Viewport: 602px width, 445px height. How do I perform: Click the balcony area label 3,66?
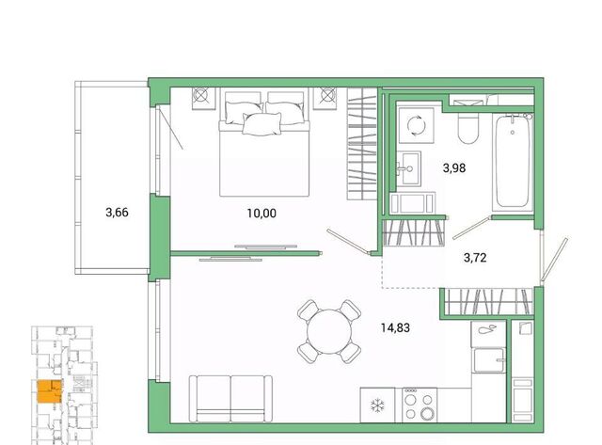[x=117, y=213]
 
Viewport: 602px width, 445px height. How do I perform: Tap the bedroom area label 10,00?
[x=261, y=214]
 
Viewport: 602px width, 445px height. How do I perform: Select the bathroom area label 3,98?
[x=454, y=167]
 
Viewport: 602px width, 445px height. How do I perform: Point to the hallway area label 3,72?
[x=475, y=258]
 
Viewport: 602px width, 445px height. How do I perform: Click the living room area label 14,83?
[x=395, y=328]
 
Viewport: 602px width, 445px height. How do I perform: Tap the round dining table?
[x=329, y=331]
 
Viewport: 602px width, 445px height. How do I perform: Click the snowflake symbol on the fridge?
[x=377, y=405]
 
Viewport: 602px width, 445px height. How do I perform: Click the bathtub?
[x=513, y=162]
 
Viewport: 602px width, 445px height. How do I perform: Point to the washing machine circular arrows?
[x=416, y=125]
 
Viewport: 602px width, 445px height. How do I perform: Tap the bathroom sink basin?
[x=408, y=168]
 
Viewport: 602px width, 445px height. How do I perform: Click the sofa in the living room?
[x=230, y=399]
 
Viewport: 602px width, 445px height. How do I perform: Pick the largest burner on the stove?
[x=427, y=414]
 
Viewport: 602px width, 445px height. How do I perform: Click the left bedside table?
[x=203, y=99]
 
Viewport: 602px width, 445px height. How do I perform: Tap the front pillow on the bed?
[x=261, y=124]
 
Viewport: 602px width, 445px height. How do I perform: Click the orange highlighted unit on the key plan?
[x=50, y=391]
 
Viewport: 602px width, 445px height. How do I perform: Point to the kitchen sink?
[x=488, y=360]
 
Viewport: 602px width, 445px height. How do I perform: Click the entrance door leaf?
[x=554, y=261]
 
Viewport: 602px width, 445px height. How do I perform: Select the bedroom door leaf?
[x=349, y=242]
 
